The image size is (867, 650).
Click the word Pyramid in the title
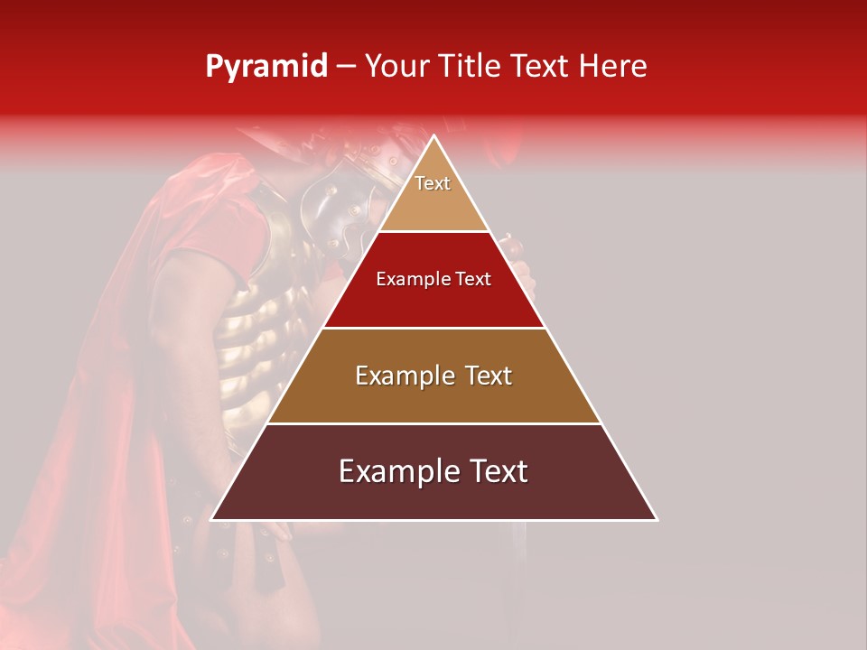tap(266, 67)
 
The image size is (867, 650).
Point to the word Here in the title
tap(613, 67)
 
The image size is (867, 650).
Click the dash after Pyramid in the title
tap(345, 67)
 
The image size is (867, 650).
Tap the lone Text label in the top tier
tap(433, 183)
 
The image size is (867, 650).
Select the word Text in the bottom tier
tap(491, 471)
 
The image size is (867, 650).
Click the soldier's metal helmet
tap(348, 194)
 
